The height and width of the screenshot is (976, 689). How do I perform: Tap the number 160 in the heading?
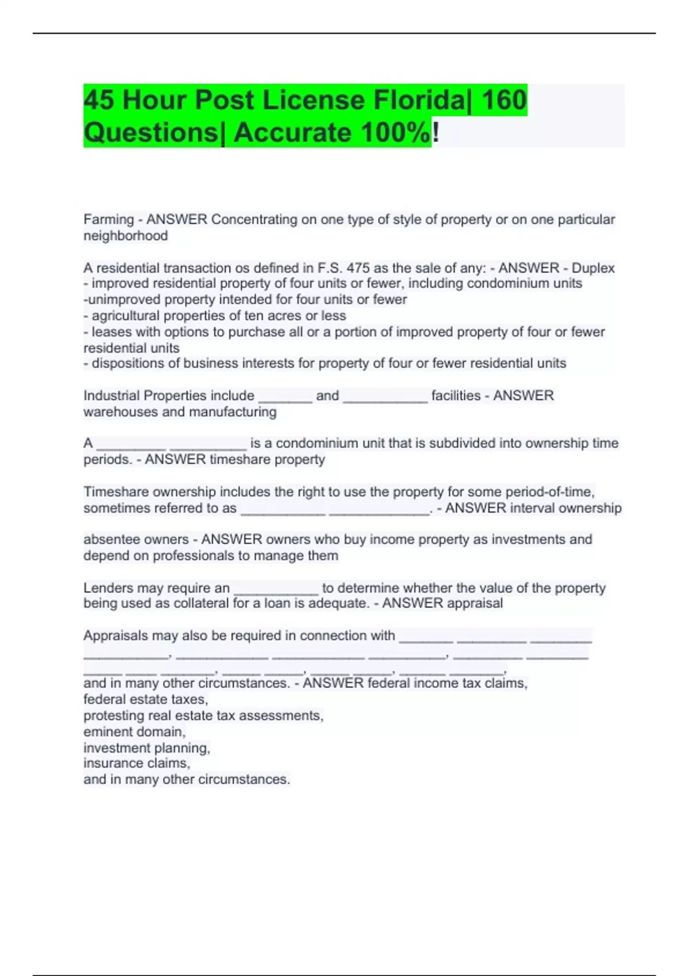click(x=504, y=100)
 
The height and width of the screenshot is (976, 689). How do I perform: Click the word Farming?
click(x=109, y=220)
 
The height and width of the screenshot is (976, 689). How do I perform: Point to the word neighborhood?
click(x=126, y=236)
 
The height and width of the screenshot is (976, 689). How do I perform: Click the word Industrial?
click(x=111, y=396)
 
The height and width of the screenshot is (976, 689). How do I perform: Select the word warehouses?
click(x=120, y=412)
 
